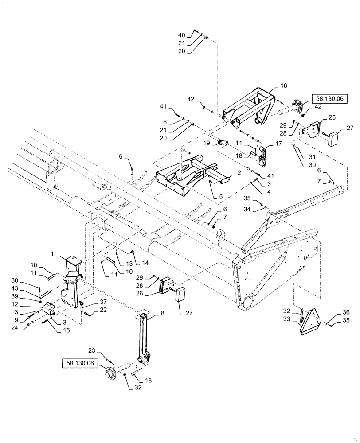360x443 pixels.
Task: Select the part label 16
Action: click(284, 85)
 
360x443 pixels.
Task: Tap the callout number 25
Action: click(332, 117)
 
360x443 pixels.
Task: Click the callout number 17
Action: click(278, 144)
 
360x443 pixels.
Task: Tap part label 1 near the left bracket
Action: click(52, 254)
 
